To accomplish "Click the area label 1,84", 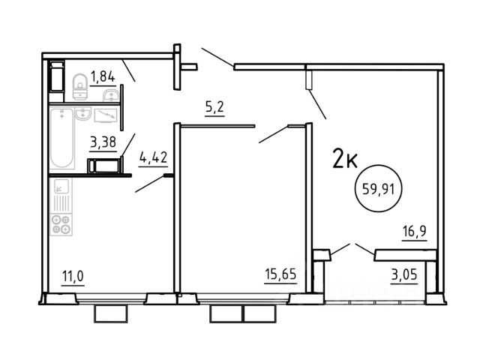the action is click(103, 76).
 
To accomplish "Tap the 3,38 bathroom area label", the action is click(103, 142).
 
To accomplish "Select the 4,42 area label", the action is click(153, 157).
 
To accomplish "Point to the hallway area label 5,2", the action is click(215, 107).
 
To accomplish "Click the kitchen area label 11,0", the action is click(73, 276).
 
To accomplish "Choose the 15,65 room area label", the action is click(280, 274).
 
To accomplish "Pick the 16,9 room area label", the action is click(415, 232).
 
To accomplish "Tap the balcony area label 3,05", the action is click(404, 274).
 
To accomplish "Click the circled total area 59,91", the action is click(378, 188).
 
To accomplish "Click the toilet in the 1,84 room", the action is click(80, 87).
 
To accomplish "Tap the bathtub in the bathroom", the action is click(61, 138).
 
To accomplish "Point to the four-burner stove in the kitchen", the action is click(61, 224).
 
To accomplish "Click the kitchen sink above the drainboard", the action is click(61, 186).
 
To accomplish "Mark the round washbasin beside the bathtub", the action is click(83, 113).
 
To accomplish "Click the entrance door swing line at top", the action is click(217, 57).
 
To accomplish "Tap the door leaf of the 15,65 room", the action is click(273, 134).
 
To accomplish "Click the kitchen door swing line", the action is click(150, 184).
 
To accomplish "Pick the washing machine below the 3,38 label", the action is click(104, 166).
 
